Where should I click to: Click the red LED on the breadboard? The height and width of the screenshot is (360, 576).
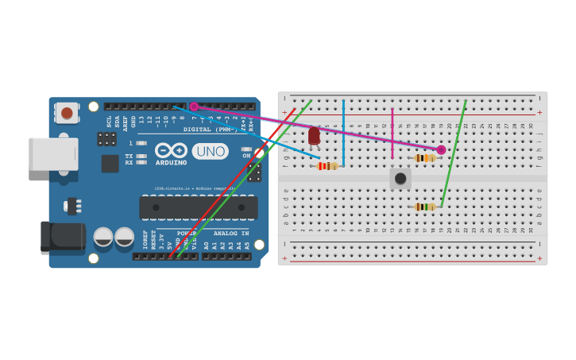[314, 137]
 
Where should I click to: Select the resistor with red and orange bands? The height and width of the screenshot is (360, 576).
[327, 166]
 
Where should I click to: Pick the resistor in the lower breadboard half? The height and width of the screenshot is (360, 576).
[425, 207]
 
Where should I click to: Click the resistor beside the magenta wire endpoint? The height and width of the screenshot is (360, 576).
[425, 158]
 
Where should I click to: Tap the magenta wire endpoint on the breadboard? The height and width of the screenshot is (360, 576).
[441, 149]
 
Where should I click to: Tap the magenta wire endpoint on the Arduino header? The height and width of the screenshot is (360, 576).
[193, 106]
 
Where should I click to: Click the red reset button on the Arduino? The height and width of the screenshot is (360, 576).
[67, 113]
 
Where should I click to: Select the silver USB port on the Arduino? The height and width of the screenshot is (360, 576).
[53, 153]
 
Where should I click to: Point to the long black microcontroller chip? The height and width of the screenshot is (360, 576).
[198, 207]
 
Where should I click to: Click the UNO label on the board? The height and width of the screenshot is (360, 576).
[210, 151]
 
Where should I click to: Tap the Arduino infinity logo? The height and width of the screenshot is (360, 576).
[172, 150]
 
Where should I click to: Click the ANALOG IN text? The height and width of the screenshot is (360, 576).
[231, 234]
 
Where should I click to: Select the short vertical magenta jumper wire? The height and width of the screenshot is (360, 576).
[392, 134]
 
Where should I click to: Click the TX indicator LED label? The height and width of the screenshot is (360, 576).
[129, 156]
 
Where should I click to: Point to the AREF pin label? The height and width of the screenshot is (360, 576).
[126, 121]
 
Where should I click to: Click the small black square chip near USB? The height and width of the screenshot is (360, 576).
[110, 163]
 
